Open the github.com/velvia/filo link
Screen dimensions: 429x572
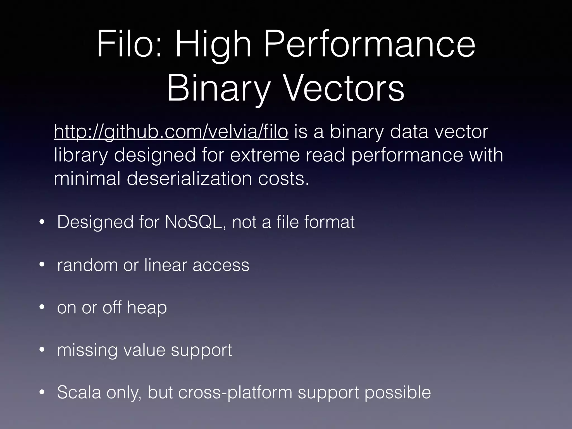pos(171,132)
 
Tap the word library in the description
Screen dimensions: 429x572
pos(80,156)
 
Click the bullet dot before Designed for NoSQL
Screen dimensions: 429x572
pos(42,223)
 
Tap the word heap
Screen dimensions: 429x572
pos(147,308)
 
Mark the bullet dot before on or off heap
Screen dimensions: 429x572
pos(42,308)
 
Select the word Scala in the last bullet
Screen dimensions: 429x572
pos(79,392)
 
